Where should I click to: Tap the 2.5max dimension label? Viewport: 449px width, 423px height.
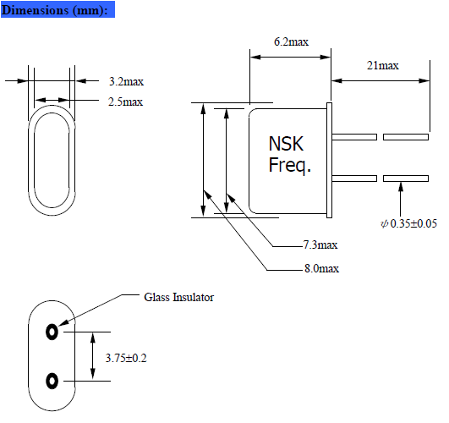tap(125, 102)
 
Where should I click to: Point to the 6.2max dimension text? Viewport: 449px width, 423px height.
tap(290, 41)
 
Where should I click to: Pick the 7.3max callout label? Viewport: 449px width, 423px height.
tap(320, 245)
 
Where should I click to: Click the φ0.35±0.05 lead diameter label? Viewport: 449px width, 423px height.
tap(408, 223)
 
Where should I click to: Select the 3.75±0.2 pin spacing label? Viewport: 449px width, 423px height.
tap(126, 358)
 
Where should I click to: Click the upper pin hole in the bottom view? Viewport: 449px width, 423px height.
tap(53, 332)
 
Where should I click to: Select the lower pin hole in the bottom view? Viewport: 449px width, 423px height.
tap(53, 380)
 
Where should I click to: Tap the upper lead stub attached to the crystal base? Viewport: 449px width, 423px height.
tap(355, 136)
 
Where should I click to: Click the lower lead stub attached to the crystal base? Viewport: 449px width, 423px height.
tap(355, 179)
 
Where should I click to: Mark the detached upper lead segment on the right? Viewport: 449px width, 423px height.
tap(405, 136)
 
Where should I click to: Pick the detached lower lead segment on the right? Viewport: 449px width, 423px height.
tap(405, 179)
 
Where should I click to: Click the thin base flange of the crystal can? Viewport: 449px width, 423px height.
tap(331, 158)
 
